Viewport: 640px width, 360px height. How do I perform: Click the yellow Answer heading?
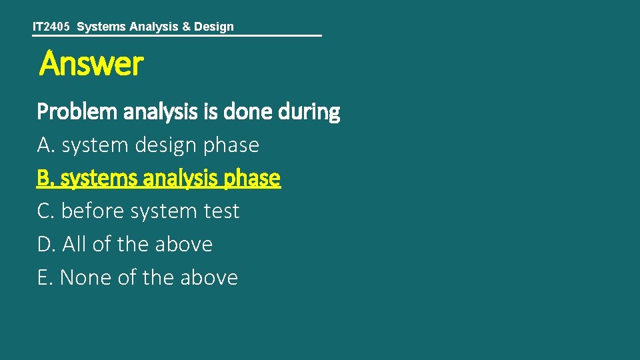91,64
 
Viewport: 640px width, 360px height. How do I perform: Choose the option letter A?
44,145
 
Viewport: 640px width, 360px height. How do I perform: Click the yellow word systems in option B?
95,178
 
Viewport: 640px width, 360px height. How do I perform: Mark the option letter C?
44,211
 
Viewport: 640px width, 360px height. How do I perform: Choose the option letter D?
45,245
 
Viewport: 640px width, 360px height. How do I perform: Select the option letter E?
44,277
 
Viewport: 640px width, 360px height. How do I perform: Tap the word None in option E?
86,277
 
